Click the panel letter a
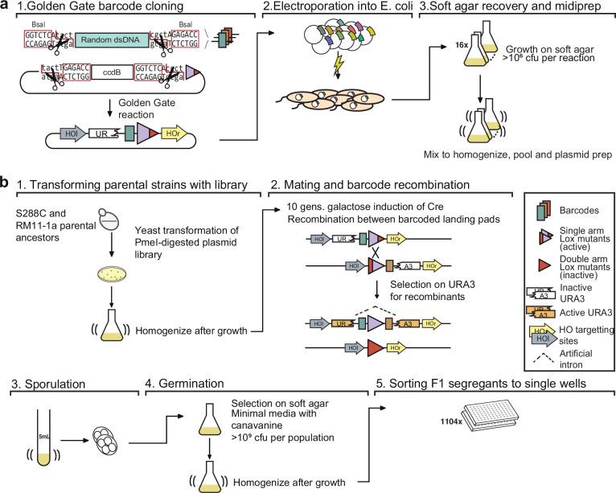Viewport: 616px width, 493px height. [6, 7]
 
